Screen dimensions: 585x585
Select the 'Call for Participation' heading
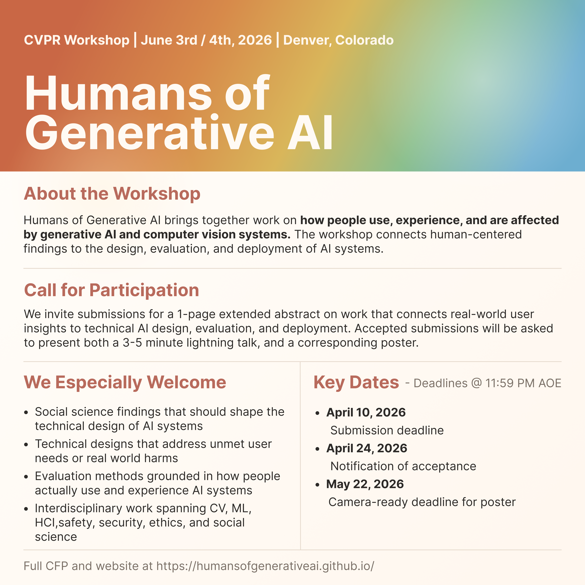(x=111, y=290)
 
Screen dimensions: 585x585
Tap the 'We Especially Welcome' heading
(x=125, y=382)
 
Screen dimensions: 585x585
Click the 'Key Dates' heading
(x=356, y=382)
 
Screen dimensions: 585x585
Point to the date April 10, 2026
(x=366, y=412)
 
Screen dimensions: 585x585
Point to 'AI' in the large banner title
(x=310, y=133)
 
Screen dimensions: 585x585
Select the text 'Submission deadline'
(x=387, y=430)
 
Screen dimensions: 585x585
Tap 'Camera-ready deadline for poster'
(x=422, y=502)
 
